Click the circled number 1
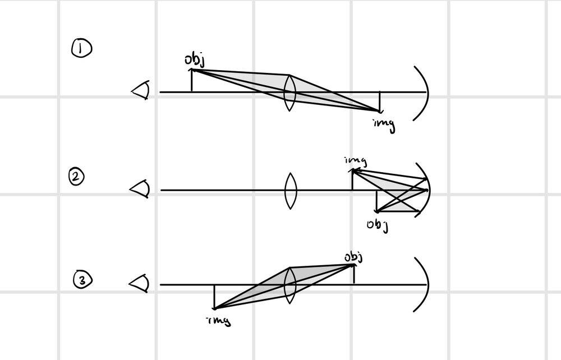point(82,49)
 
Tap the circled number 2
point(77,178)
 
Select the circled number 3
point(82,280)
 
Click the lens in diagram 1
point(289,93)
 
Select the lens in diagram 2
point(290,191)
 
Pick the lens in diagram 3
point(290,285)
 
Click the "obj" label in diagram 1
point(194,60)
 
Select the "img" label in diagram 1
point(384,124)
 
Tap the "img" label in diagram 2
point(356,161)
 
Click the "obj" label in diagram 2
point(378,225)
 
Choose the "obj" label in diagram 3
point(353,257)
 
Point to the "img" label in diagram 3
point(219,321)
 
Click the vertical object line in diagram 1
point(192,81)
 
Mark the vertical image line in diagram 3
point(214,297)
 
